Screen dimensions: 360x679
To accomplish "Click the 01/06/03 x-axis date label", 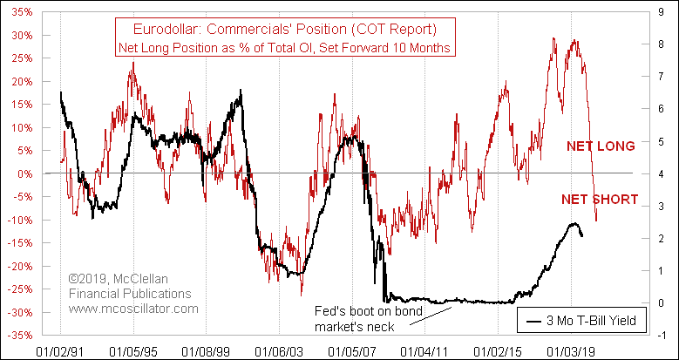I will [x=279, y=351].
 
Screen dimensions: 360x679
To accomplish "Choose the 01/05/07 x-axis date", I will [x=352, y=351].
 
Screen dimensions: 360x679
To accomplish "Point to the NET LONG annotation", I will [x=601, y=146].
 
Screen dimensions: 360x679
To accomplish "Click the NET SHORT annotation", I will [x=601, y=200].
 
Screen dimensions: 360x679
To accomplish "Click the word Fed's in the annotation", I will [x=329, y=311].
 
